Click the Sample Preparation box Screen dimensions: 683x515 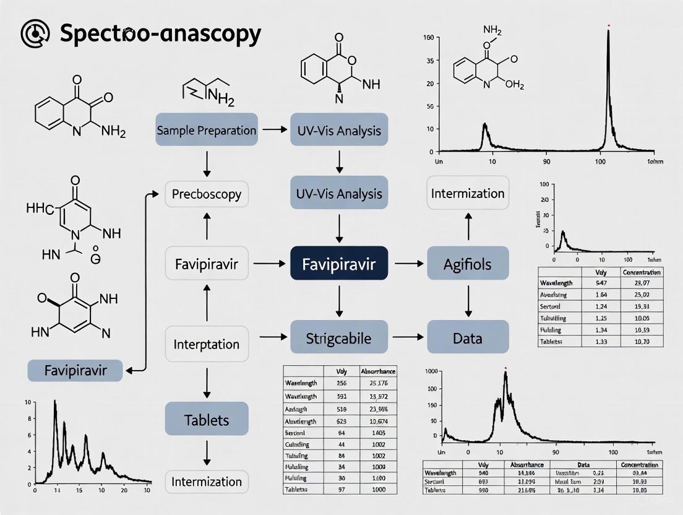[207, 130]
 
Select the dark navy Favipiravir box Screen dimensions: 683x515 [338, 264]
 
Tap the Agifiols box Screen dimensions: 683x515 [468, 264]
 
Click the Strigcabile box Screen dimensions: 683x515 [338, 338]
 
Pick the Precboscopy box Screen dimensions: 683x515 [207, 194]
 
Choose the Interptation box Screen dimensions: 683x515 [207, 344]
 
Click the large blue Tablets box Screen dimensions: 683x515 [207, 419]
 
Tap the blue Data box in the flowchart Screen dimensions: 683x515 [468, 338]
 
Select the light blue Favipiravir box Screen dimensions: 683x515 [75, 371]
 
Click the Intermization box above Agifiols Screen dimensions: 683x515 [468, 193]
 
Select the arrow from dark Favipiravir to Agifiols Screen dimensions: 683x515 [406, 264]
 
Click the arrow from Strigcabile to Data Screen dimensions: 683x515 [406, 338]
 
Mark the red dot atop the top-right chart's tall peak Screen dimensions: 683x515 [609, 25]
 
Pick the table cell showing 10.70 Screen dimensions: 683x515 [642, 342]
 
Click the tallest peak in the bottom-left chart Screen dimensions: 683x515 [55, 402]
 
